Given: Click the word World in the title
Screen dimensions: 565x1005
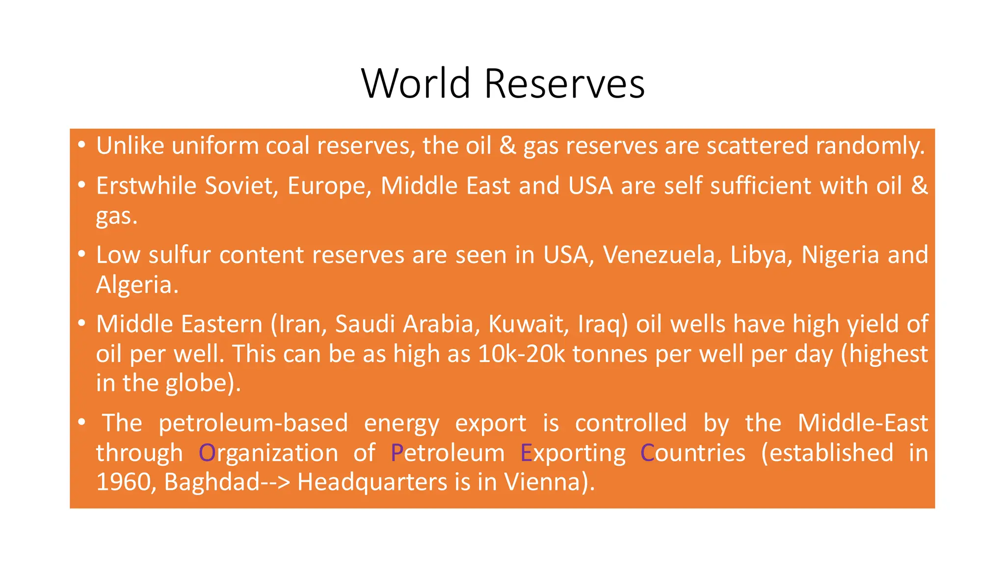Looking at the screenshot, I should click(x=416, y=83).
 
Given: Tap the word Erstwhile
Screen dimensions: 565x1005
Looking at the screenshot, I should click(x=146, y=186).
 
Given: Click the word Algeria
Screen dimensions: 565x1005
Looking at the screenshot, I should click(x=136, y=285).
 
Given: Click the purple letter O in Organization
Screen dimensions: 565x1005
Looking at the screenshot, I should click(x=207, y=453).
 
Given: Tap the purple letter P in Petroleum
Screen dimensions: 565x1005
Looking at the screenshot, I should click(x=397, y=453).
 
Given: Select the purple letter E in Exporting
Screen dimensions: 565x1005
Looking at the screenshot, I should click(x=526, y=453).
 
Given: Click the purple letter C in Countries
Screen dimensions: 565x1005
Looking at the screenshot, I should click(x=647, y=453).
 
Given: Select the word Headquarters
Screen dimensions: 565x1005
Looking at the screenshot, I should click(x=372, y=482).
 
